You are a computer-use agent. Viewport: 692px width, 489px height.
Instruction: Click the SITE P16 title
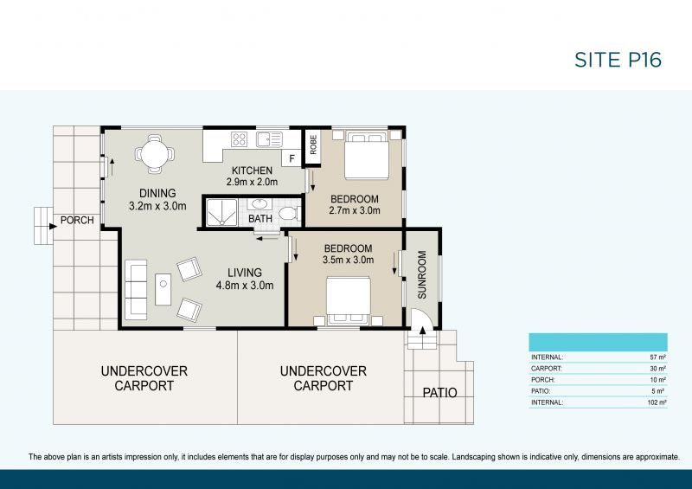pos(618,60)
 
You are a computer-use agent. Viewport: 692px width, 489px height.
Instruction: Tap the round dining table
pos(154,156)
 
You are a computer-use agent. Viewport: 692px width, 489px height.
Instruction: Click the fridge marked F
pos(292,158)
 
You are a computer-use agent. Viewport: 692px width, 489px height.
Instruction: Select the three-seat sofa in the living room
pos(137,289)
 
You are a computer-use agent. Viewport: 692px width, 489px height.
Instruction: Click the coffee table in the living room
pos(163,289)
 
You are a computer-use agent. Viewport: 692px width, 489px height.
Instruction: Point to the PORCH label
pos(77,221)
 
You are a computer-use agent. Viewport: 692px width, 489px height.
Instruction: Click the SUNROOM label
pos(422,274)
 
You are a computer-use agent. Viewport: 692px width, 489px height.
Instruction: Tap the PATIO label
pos(439,393)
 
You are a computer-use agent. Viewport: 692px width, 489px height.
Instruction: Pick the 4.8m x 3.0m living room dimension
pos(245,286)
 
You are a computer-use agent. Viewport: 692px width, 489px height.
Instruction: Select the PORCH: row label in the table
pos(543,379)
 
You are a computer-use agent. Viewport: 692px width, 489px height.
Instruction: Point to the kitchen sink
pos(269,138)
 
